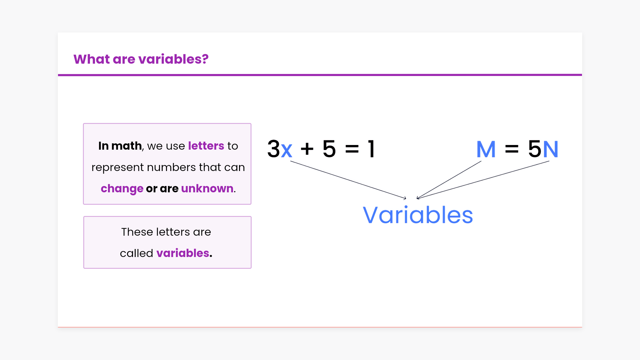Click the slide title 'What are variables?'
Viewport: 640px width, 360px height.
[x=141, y=59]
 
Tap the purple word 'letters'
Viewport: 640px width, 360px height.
[x=206, y=146]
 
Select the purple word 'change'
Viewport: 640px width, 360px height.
[x=122, y=189]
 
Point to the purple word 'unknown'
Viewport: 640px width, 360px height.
[x=207, y=188]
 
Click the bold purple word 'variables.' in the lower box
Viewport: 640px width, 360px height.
[x=184, y=253]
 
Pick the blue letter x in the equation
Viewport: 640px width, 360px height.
[x=287, y=150]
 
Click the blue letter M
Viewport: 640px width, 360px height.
[x=486, y=149]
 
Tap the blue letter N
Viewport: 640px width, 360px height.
[x=551, y=149]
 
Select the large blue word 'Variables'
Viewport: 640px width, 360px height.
[x=418, y=215]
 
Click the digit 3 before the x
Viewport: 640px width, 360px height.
[x=274, y=149]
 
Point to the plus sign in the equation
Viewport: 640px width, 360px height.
[x=307, y=149]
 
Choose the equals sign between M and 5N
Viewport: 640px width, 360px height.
[x=512, y=149]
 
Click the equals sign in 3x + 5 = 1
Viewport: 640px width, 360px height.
[x=352, y=149]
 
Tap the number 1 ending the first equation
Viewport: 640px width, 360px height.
[x=371, y=149]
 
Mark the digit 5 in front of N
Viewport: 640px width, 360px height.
[x=535, y=149]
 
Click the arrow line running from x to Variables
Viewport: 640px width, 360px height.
[x=348, y=180]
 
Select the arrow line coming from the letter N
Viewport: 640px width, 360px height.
[x=483, y=180]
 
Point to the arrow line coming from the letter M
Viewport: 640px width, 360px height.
[x=449, y=180]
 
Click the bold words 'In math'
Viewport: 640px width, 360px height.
[x=120, y=146]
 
